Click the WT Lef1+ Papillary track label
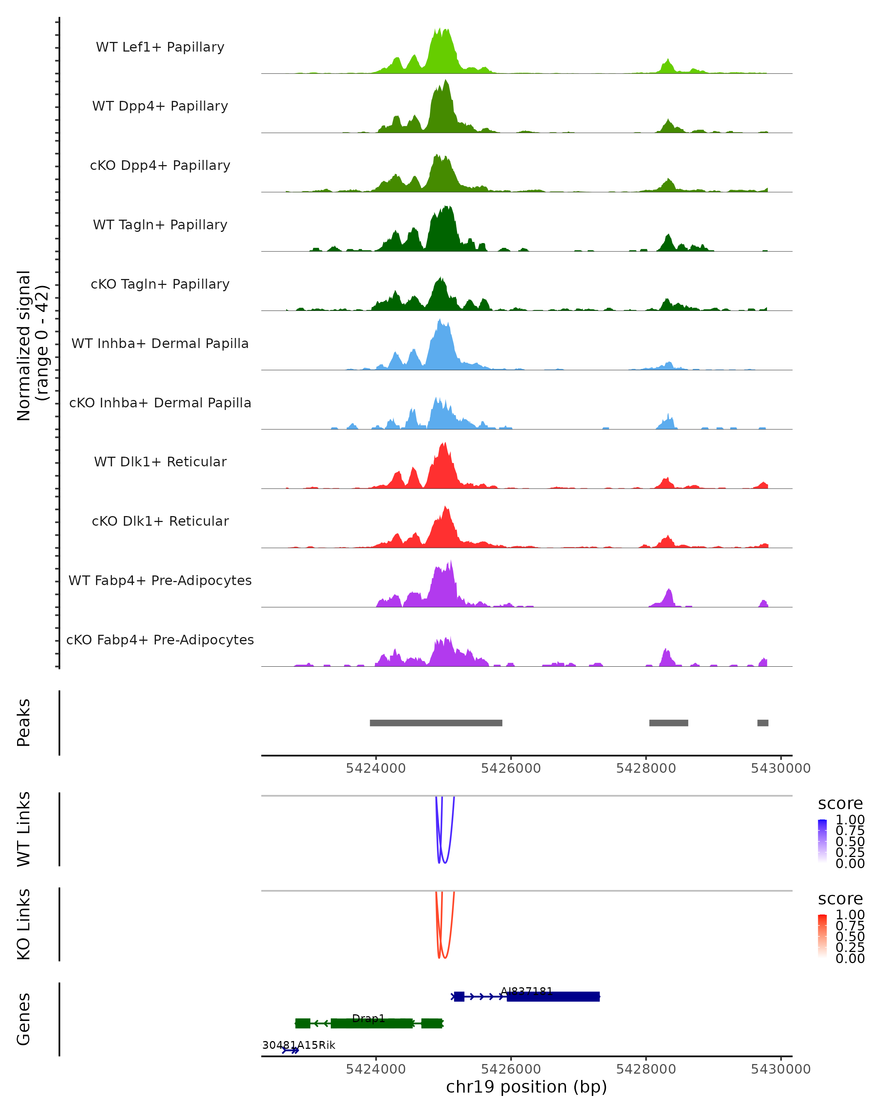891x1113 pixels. point(160,47)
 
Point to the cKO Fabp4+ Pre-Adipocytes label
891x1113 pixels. point(160,640)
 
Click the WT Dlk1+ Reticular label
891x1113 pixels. point(160,462)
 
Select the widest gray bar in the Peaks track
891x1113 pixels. point(436,723)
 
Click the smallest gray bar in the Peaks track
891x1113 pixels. point(763,723)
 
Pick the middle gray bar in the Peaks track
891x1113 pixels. point(668,723)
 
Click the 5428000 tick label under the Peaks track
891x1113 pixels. point(646,769)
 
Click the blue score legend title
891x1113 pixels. point(840,804)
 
